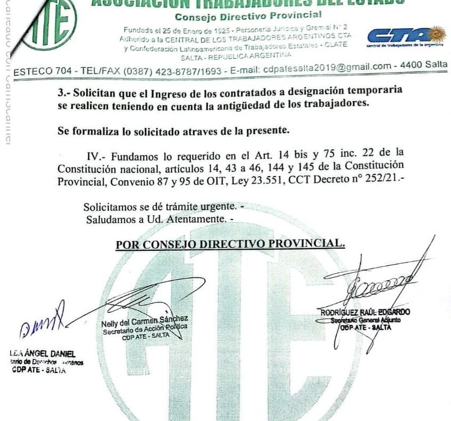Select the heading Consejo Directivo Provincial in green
(248, 15)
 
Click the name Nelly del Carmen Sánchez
(145, 321)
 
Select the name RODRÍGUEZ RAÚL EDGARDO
(365, 312)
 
